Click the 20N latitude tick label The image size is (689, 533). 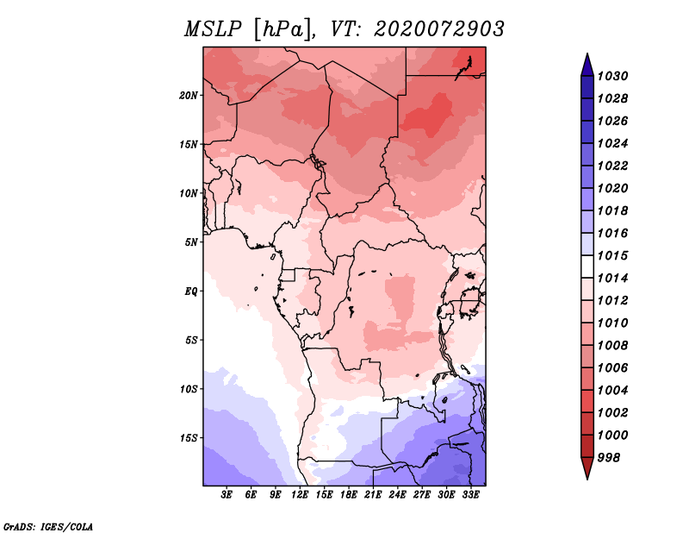[x=189, y=96]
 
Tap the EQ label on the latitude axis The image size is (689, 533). [x=191, y=292]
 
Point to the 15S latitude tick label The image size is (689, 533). [x=189, y=438]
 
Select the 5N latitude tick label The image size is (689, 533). [x=191, y=242]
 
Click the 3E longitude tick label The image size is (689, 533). [x=227, y=495]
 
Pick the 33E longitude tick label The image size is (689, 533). [x=470, y=495]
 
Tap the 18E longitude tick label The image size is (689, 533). [x=349, y=495]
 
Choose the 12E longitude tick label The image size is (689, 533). [x=300, y=495]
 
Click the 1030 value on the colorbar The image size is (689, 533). [x=612, y=76]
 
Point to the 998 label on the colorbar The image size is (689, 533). [x=609, y=458]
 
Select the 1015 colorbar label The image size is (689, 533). [x=612, y=255]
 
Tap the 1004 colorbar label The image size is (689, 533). [x=612, y=391]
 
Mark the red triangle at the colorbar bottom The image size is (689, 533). [x=587, y=467]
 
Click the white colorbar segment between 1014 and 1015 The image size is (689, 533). [x=587, y=266]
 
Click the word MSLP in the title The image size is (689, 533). [x=213, y=29]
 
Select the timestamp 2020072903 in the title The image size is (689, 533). [x=439, y=29]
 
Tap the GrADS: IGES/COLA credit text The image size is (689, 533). [x=47, y=526]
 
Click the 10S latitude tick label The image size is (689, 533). [x=189, y=389]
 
